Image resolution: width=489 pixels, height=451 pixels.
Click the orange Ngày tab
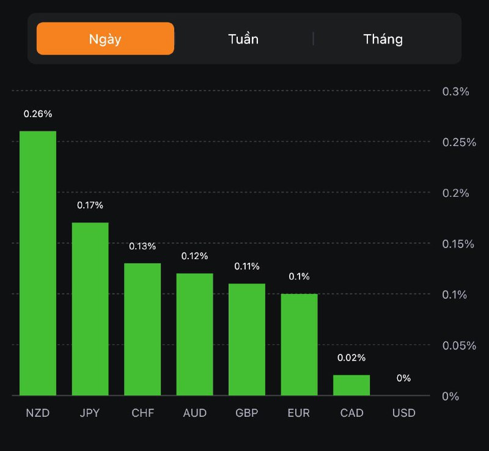click(x=105, y=39)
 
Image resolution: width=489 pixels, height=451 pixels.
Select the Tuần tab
click(x=243, y=39)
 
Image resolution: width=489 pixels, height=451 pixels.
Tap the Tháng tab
click(x=383, y=39)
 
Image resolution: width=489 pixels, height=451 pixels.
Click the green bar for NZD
click(x=38, y=263)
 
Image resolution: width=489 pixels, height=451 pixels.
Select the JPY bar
click(x=90, y=309)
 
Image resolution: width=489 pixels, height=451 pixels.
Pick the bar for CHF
click(x=142, y=329)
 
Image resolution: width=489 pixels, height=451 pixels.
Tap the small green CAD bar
click(x=351, y=385)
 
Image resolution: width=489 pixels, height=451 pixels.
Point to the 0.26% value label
click(x=38, y=114)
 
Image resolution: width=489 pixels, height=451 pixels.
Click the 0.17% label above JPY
click(x=90, y=205)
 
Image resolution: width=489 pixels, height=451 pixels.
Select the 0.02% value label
click(x=351, y=358)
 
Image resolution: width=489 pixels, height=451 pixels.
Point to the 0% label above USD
click(x=403, y=378)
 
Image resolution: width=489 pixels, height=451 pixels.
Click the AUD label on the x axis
click(x=195, y=413)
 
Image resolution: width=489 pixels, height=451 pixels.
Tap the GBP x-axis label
click(x=247, y=413)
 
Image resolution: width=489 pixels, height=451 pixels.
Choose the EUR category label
click(x=299, y=413)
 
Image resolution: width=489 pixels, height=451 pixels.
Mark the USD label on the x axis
click(x=403, y=413)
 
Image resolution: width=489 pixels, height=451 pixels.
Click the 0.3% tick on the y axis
click(x=455, y=92)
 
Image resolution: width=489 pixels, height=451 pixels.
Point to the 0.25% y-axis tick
click(x=459, y=142)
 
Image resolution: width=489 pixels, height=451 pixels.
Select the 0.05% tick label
click(x=459, y=346)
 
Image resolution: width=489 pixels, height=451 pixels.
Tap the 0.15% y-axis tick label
click(x=459, y=244)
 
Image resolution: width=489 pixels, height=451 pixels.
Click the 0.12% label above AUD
click(x=195, y=256)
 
